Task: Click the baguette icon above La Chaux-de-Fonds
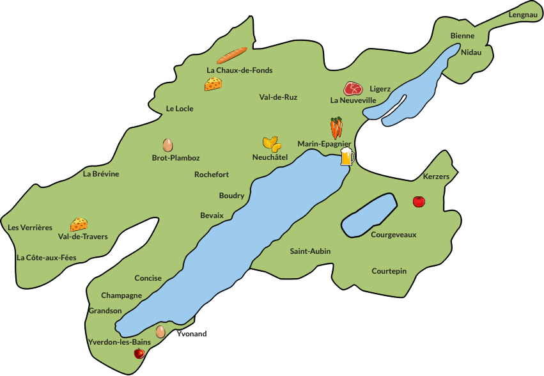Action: [x=231, y=56]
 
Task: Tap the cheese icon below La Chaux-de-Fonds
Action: [x=214, y=84]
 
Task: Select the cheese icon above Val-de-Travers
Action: [x=79, y=224]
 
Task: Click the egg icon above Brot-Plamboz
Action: [x=167, y=145]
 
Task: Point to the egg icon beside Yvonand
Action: [x=160, y=331]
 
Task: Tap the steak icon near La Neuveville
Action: [x=353, y=88]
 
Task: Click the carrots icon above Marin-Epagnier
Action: [x=336, y=128]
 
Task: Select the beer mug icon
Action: [x=346, y=157]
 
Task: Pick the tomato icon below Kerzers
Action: [x=419, y=201]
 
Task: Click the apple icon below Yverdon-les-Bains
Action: [x=139, y=353]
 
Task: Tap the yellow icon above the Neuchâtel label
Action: [x=271, y=143]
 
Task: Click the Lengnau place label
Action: [x=523, y=15]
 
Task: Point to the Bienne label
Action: [x=462, y=36]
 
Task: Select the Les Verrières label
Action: [x=30, y=228]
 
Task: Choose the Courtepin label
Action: [x=389, y=271]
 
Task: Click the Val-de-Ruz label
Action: [x=278, y=97]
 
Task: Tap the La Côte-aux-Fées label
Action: [x=46, y=258]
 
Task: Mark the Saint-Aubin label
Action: [x=310, y=251]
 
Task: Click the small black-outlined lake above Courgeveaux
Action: [x=369, y=214]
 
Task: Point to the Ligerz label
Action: [x=380, y=89]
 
